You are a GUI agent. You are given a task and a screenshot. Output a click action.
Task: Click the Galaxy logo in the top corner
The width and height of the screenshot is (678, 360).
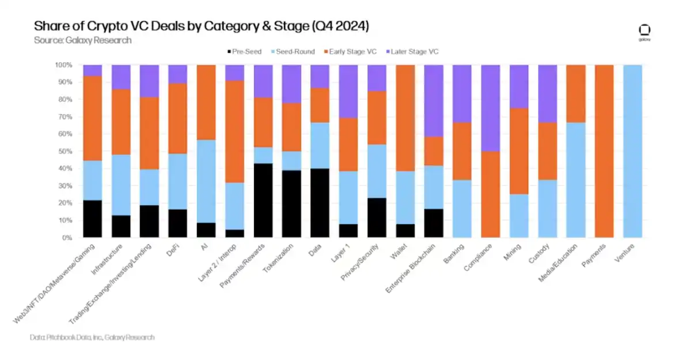(644, 32)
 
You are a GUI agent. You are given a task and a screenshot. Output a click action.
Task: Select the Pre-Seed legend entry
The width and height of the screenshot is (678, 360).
(245, 52)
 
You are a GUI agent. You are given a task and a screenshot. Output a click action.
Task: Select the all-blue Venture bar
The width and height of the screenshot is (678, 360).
(632, 151)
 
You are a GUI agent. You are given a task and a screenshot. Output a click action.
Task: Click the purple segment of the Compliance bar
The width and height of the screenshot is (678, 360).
(491, 108)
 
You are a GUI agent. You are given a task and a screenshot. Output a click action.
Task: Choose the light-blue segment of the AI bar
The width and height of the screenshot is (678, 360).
(206, 181)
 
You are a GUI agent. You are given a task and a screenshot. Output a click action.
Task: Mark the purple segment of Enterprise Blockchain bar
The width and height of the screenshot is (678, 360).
(434, 100)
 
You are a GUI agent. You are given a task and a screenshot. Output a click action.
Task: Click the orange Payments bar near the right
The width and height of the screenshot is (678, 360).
(604, 151)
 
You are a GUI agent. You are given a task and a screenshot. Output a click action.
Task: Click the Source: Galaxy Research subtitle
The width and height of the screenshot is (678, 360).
(82, 40)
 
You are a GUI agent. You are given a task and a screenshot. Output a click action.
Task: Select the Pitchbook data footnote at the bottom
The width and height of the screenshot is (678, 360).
(92, 337)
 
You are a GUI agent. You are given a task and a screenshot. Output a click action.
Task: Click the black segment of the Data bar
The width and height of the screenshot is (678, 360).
(320, 203)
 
